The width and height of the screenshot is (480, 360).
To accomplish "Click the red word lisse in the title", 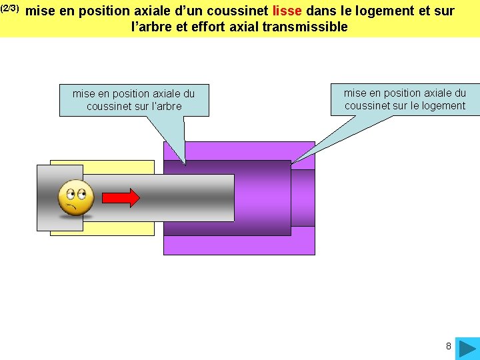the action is click(287, 11).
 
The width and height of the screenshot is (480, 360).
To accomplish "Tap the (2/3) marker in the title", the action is click(11, 9).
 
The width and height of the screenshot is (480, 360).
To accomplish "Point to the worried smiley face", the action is click(76, 197).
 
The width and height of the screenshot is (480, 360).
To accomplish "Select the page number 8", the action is click(449, 346).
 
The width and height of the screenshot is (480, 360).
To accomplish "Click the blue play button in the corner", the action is click(467, 347).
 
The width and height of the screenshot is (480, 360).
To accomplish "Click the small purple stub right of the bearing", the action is click(303, 198).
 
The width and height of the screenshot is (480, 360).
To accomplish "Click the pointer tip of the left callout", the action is click(185, 164).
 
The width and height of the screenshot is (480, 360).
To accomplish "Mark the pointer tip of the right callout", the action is click(292, 163).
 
